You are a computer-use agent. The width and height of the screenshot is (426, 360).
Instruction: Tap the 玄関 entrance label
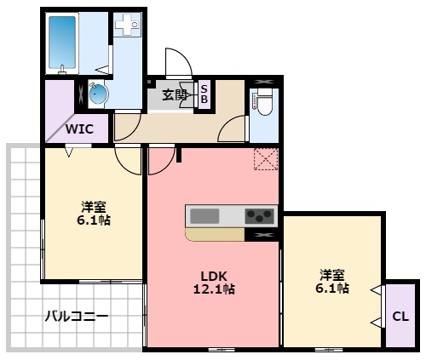click(x=175, y=94)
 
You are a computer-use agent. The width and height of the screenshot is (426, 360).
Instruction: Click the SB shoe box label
click(x=204, y=94)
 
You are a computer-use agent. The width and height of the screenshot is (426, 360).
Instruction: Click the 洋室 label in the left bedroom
click(x=94, y=205)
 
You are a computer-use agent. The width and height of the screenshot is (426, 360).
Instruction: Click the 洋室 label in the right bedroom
click(x=333, y=274)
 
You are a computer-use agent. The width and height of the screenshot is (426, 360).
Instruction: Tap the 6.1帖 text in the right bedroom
click(x=333, y=289)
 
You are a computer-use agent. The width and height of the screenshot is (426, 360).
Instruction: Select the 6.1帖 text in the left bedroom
click(x=95, y=220)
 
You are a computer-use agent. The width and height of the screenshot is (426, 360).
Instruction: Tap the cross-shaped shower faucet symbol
click(x=129, y=27)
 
